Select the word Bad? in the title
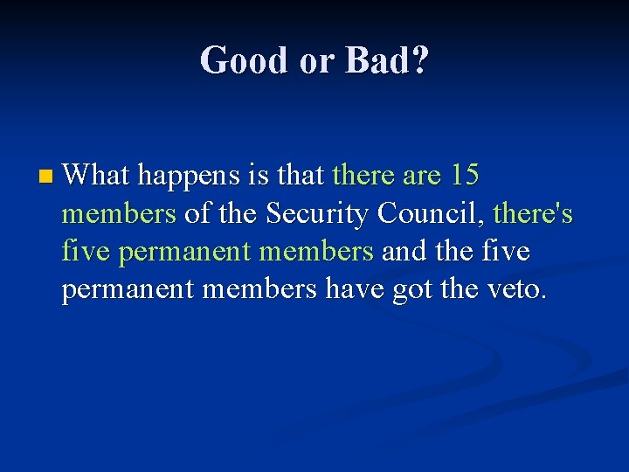(386, 60)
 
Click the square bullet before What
(45, 178)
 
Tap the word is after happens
(260, 176)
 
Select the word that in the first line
(301, 176)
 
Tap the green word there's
(533, 213)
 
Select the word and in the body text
(404, 251)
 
